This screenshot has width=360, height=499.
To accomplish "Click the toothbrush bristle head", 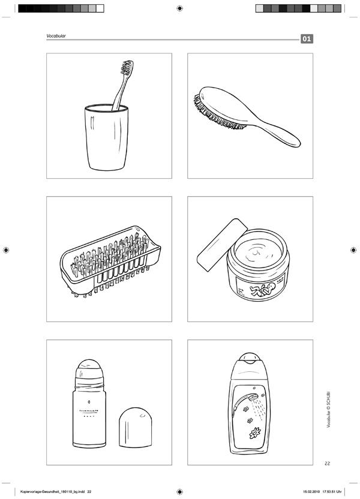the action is point(127,67).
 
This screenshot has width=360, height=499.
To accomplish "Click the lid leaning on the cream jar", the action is point(222,245).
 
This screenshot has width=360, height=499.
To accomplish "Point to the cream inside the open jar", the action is point(259,251).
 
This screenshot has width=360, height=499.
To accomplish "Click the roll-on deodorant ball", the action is point(89,368).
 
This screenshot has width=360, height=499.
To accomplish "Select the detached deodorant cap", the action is point(135,428).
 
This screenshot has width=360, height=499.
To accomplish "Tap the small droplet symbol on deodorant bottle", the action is point(89,402).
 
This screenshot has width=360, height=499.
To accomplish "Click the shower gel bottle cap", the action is point(250,358).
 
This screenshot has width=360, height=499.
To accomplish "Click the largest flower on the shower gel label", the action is point(254,434).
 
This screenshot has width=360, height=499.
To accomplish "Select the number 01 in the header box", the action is point(307,39).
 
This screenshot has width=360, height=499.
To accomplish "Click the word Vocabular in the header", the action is point(56,36).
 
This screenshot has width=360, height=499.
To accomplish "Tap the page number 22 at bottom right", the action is point(327,464).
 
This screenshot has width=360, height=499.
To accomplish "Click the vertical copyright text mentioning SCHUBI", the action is point(328,409).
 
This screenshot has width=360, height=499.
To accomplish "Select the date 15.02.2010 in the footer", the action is point(311,492).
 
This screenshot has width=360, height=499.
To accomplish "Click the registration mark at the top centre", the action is point(179,8).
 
